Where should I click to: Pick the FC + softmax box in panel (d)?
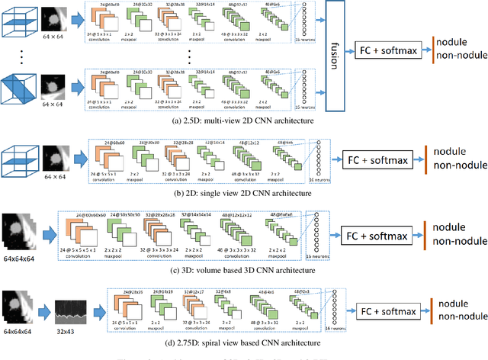click(x=390, y=310)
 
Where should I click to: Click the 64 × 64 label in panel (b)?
click(x=59, y=179)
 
